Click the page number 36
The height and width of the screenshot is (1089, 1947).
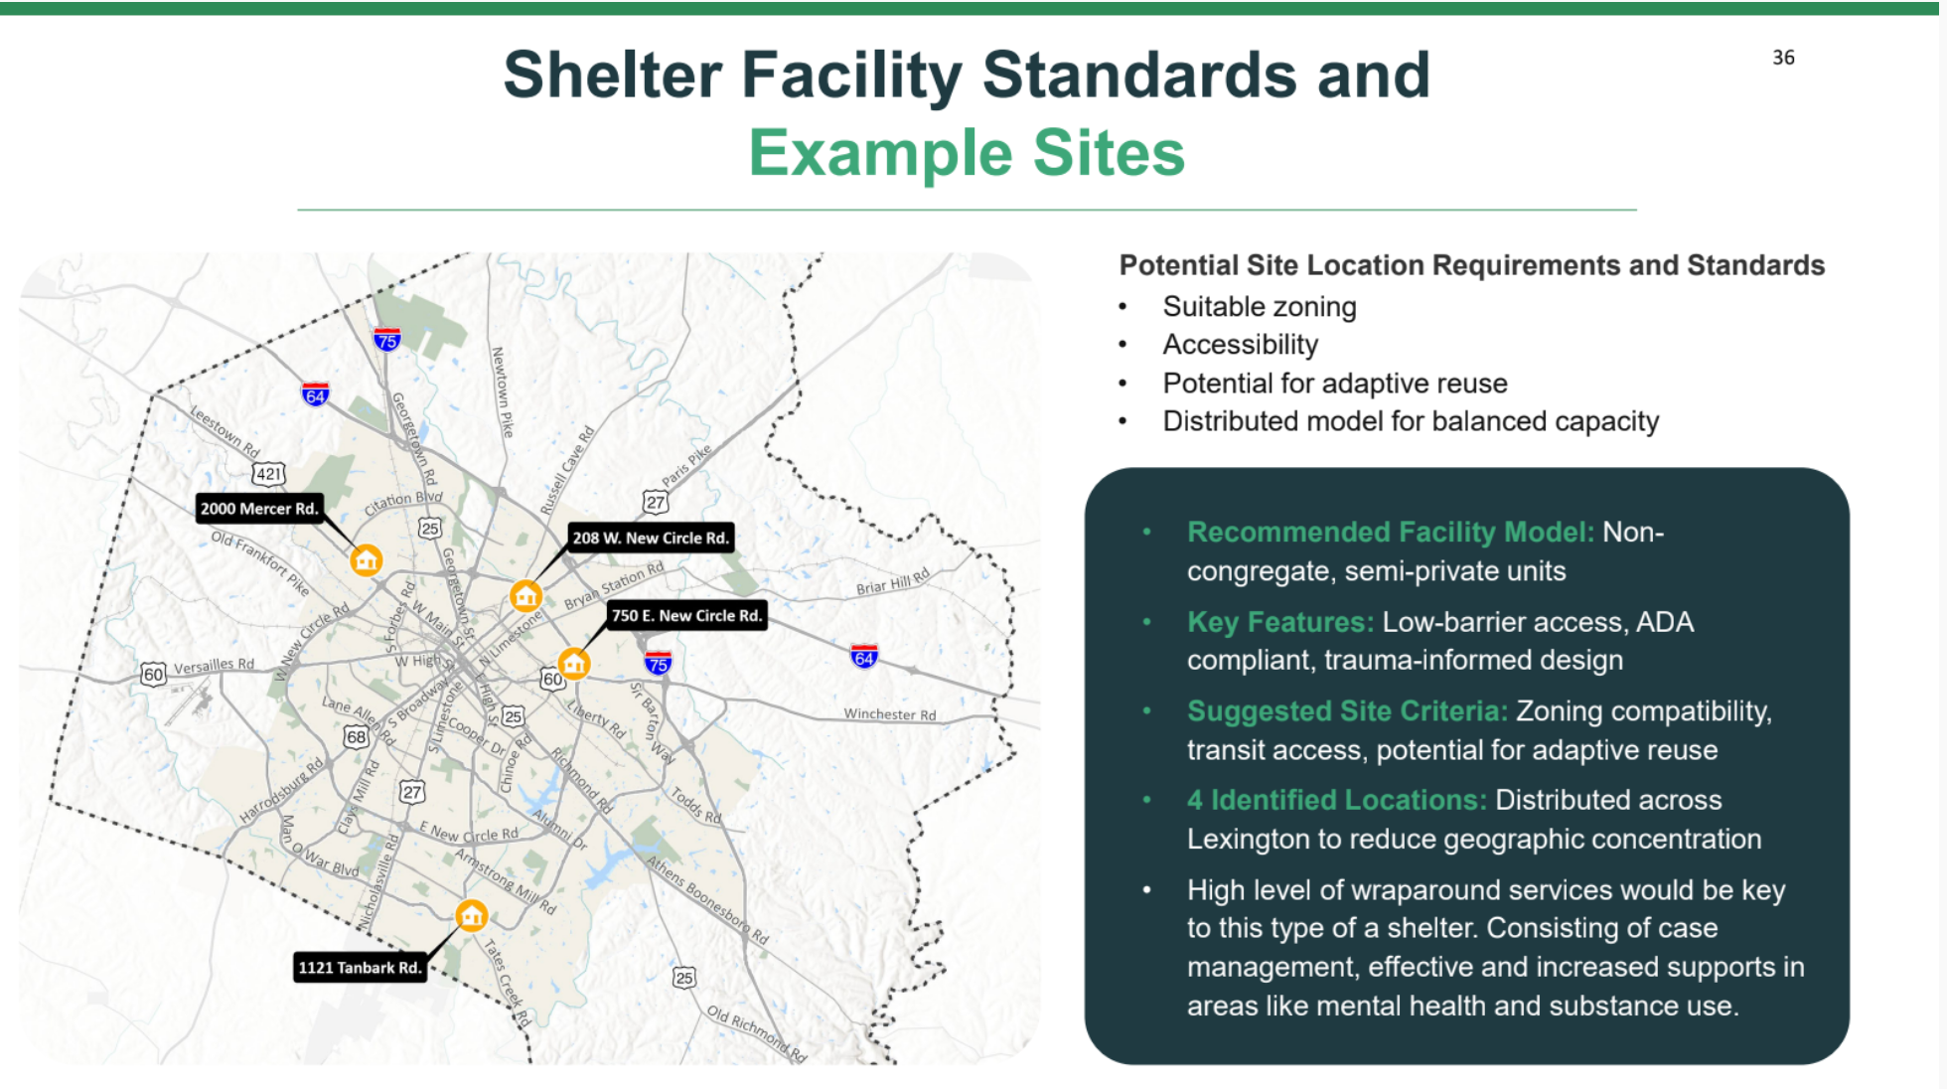pos(1783,58)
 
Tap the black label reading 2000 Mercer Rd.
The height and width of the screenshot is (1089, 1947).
pos(259,509)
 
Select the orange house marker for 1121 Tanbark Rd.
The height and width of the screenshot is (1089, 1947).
pos(472,915)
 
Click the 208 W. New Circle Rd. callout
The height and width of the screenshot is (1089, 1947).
pos(651,538)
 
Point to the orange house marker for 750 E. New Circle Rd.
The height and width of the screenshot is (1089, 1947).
pos(574,663)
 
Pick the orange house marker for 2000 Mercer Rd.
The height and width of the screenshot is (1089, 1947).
pos(367,560)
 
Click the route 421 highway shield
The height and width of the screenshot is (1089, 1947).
pos(268,474)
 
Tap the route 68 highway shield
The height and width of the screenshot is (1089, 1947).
pos(356,736)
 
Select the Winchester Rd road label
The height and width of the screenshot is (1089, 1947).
pos(890,714)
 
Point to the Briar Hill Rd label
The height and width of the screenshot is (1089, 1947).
pos(893,581)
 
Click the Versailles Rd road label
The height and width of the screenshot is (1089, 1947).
pos(214,665)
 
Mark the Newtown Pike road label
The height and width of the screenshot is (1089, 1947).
pos(504,392)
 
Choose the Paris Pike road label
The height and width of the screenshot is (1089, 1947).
pos(686,465)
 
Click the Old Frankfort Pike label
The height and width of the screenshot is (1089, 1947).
pos(260,562)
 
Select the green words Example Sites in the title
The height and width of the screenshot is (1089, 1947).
pos(967,153)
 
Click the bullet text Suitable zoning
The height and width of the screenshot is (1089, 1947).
pos(1260,307)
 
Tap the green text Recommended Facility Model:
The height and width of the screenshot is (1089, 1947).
pos(1391,532)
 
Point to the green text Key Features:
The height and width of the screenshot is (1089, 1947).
pos(1280,622)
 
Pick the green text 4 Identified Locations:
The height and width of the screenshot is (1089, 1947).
pos(1337,800)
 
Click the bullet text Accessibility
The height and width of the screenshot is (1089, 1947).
pos(1241,345)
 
